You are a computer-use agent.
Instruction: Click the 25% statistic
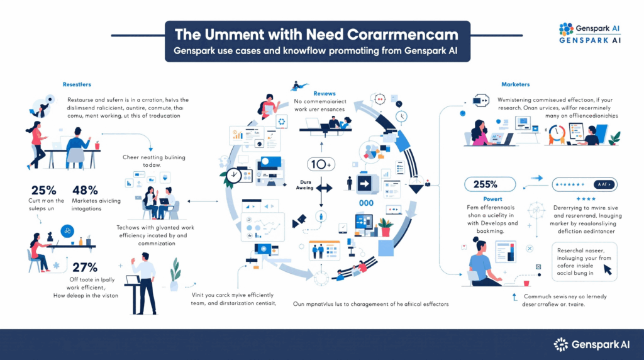point(42,189)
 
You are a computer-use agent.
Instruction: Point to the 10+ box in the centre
point(320,164)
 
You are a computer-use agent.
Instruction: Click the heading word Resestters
point(76,84)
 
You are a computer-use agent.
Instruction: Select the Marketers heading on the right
point(515,84)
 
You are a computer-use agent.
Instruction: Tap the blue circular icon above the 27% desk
point(66,231)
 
